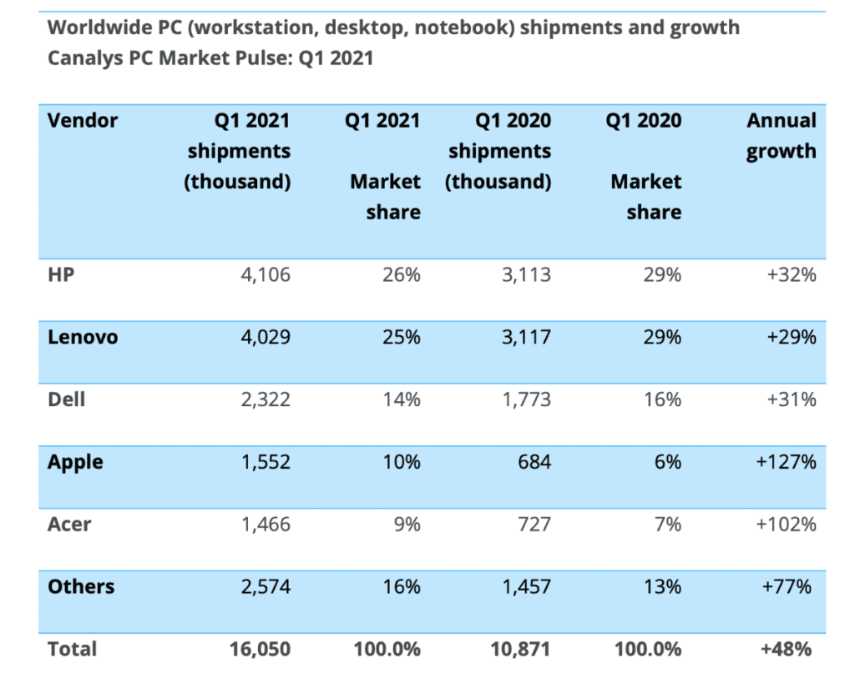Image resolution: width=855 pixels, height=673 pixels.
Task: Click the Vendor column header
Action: click(83, 120)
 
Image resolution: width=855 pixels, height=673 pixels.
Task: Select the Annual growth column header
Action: click(781, 135)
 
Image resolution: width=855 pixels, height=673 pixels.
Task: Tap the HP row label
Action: click(61, 274)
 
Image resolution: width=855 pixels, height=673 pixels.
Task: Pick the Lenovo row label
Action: click(83, 337)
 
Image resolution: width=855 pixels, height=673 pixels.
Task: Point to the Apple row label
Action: click(75, 462)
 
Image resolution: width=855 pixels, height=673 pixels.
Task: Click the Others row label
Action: click(81, 586)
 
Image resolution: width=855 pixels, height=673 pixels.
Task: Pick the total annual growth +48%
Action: click(787, 649)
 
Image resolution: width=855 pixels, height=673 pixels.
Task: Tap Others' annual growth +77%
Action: click(787, 586)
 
